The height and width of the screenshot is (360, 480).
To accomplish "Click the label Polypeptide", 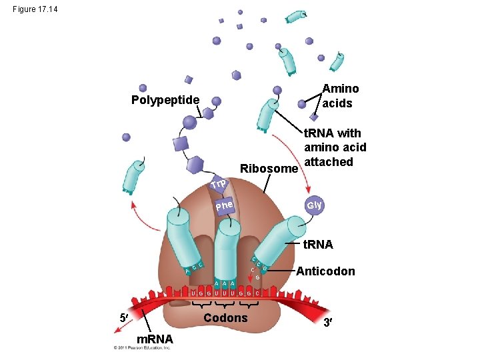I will tap(165, 100).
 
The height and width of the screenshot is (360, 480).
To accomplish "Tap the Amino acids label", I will tap(340, 95).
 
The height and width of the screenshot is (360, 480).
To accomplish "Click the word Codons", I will tap(225, 318).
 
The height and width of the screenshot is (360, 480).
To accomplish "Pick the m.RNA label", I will tap(155, 339).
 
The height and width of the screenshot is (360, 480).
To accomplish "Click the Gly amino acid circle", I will tap(314, 205).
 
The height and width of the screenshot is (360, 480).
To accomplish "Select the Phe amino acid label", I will tap(225, 209).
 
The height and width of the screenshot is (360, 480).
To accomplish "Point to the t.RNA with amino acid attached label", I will tap(335, 148).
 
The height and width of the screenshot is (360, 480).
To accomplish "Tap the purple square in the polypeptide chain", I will tap(181, 144).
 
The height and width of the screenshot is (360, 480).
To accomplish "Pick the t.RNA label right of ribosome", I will tap(318, 245).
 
